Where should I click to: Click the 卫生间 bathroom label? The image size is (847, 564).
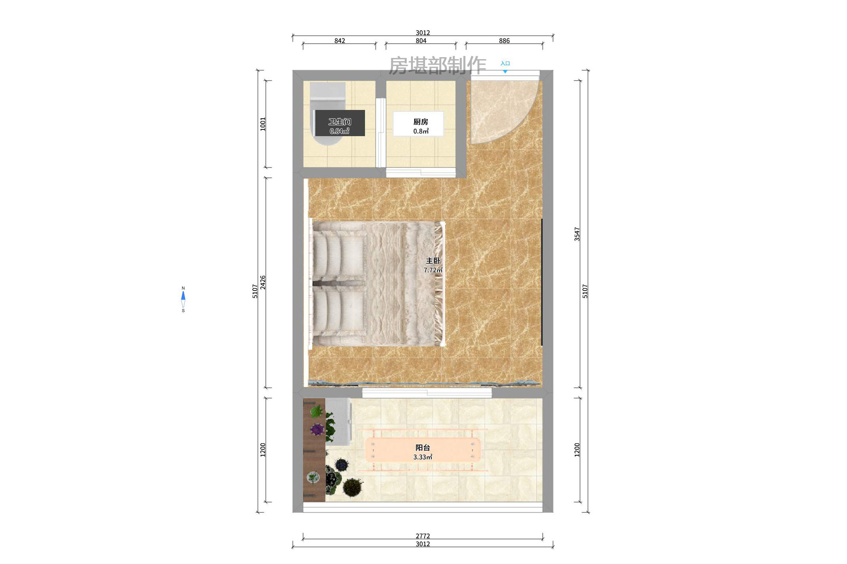(x=340, y=122)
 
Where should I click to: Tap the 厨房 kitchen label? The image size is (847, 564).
(x=421, y=122)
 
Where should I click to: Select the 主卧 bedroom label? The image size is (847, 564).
(x=433, y=261)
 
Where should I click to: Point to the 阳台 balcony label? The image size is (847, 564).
(x=423, y=448)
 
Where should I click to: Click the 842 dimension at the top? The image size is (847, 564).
(x=340, y=41)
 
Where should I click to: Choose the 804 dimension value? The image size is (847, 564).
(x=421, y=41)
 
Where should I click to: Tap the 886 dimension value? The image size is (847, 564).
(x=504, y=41)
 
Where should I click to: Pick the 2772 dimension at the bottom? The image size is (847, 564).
(x=423, y=536)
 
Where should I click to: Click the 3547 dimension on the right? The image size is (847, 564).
(x=577, y=234)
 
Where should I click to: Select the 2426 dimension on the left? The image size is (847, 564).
(x=263, y=282)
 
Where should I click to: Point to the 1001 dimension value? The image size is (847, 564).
(x=263, y=124)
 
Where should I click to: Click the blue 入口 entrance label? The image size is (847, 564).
(x=505, y=64)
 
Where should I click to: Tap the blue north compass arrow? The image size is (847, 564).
(x=183, y=296)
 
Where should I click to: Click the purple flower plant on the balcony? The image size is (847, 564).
(x=317, y=429)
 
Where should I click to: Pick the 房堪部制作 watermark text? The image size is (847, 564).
(x=437, y=65)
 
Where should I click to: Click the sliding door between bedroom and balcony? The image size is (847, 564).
(x=427, y=393)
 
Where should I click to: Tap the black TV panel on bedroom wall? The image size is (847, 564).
(x=542, y=282)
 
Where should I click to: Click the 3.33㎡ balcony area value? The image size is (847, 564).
(x=423, y=457)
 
